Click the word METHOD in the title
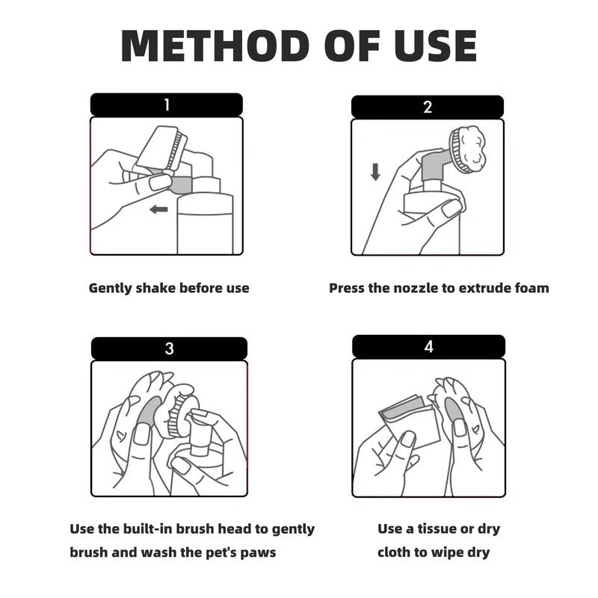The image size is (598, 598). click(x=215, y=46)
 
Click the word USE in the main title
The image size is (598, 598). click(x=436, y=46)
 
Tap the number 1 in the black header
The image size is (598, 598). click(x=167, y=105)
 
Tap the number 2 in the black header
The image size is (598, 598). click(x=428, y=107)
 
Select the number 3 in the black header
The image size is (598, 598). click(x=170, y=348)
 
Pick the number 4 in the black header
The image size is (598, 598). click(x=428, y=347)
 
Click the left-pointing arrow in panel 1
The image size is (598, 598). click(x=158, y=209)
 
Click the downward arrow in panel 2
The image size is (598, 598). click(x=375, y=172)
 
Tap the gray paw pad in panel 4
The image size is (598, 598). click(x=454, y=409)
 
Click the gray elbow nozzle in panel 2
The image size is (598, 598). click(x=435, y=166)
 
